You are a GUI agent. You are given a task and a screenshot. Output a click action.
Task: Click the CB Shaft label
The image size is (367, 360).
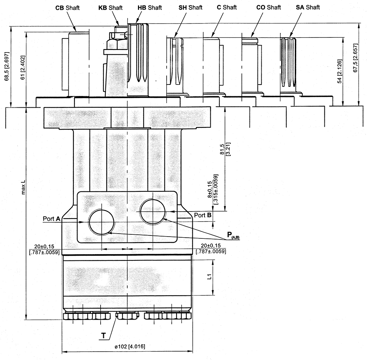(67, 8)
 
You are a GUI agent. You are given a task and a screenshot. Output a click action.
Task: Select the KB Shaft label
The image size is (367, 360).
(110, 8)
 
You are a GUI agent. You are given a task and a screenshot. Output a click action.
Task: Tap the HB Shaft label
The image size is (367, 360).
(150, 8)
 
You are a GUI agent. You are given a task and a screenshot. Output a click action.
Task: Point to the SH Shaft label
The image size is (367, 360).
(190, 8)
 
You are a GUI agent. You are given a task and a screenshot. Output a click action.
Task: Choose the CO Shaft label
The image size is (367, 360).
(268, 7)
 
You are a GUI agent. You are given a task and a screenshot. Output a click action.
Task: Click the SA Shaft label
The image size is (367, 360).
(308, 7)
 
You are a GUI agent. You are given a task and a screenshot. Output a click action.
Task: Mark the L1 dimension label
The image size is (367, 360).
(208, 276)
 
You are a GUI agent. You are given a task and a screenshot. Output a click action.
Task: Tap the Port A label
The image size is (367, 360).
(51, 219)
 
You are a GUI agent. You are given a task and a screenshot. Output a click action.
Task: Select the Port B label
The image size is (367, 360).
(203, 215)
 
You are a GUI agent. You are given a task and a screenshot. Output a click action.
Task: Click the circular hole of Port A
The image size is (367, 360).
(101, 222)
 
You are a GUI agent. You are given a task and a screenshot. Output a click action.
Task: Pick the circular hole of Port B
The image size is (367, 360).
(153, 211)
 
